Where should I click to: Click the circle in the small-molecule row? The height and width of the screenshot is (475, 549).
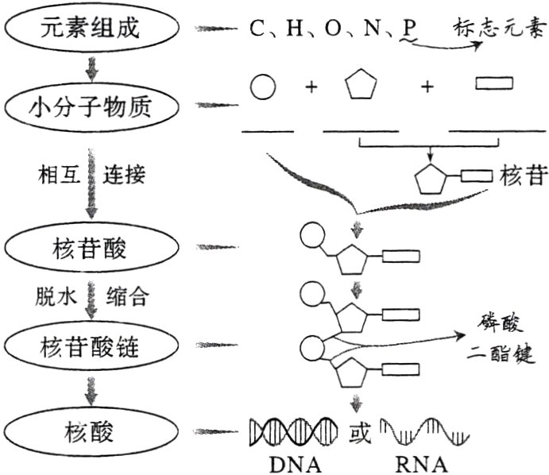[x=264, y=87]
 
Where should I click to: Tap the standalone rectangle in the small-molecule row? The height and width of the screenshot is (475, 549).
[x=493, y=82]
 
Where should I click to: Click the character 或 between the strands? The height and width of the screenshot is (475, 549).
[x=358, y=433]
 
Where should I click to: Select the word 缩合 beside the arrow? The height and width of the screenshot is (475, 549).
[x=126, y=297]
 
